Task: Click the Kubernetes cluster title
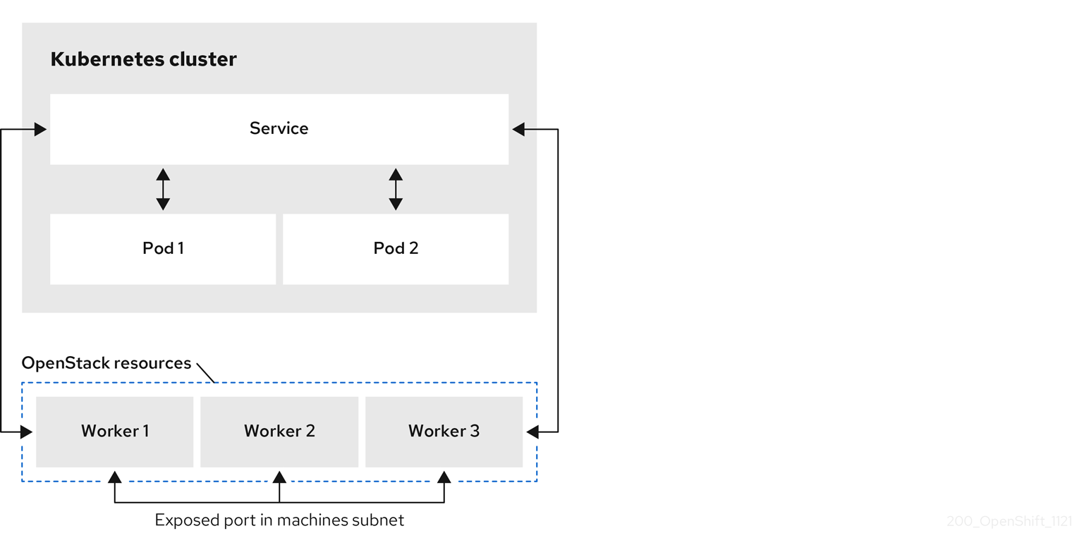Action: pyautogui.click(x=143, y=59)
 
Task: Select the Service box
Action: pyautogui.click(x=279, y=129)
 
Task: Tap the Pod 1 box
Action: pyautogui.click(x=163, y=249)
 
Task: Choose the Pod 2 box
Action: pyautogui.click(x=396, y=249)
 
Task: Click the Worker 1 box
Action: pyautogui.click(x=115, y=432)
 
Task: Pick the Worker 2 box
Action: pyautogui.click(x=279, y=432)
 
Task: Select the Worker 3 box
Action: pyautogui.click(x=444, y=432)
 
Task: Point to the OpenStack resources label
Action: pyautogui.click(x=106, y=363)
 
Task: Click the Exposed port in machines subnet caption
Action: pyautogui.click(x=279, y=520)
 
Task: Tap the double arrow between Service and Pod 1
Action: pyautogui.click(x=163, y=189)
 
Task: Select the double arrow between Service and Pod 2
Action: pyautogui.click(x=396, y=189)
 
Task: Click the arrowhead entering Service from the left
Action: pyautogui.click(x=40, y=130)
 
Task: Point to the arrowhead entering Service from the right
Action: pyautogui.click(x=518, y=130)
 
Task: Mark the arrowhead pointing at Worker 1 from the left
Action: pyautogui.click(x=27, y=432)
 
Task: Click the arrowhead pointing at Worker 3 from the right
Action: pyautogui.click(x=532, y=432)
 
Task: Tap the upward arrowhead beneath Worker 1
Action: pyautogui.click(x=115, y=477)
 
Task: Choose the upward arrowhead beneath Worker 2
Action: pyautogui.click(x=279, y=477)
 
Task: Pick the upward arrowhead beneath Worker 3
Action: pyautogui.click(x=444, y=477)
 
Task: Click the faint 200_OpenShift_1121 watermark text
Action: pyautogui.click(x=1009, y=522)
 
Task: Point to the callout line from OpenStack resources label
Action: pyautogui.click(x=205, y=373)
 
